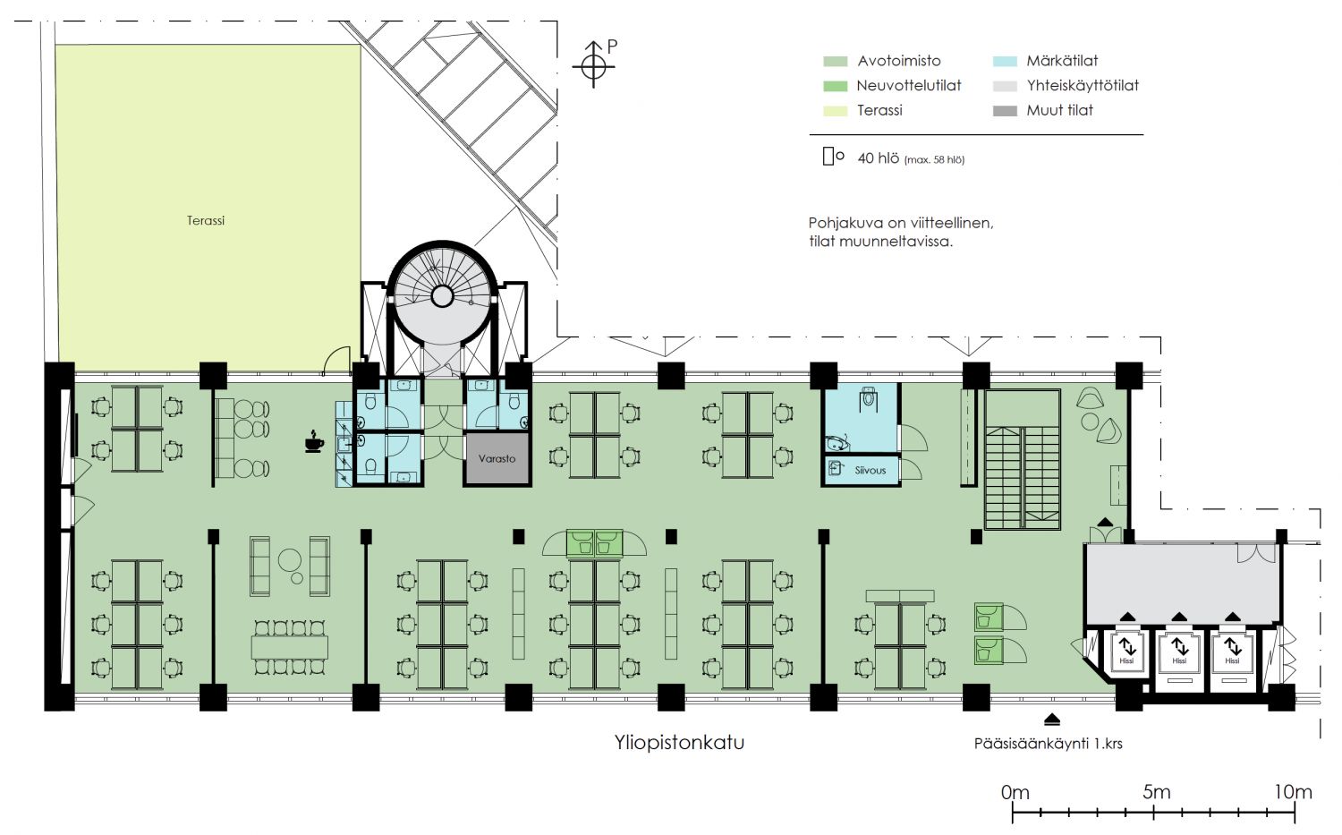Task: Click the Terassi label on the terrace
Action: pyautogui.click(x=206, y=220)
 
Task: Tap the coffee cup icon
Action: pyautogui.click(x=314, y=441)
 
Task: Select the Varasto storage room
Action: pyautogui.click(x=497, y=458)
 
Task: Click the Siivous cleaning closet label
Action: pyautogui.click(x=870, y=471)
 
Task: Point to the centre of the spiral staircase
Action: pyautogui.click(x=442, y=295)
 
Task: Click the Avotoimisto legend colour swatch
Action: pyautogui.click(x=835, y=61)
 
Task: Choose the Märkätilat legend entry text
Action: pyautogui.click(x=1062, y=61)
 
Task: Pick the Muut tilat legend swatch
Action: pyautogui.click(x=1005, y=111)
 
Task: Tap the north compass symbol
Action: pyautogui.click(x=594, y=64)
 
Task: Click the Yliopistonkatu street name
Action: pyautogui.click(x=679, y=743)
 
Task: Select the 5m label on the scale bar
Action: pyautogui.click(x=1156, y=792)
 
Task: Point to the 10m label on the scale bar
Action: pyautogui.click(x=1293, y=792)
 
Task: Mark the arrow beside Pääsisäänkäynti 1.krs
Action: pyautogui.click(x=1052, y=720)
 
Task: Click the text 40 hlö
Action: pyautogui.click(x=879, y=158)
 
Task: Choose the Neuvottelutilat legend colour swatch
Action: pyautogui.click(x=835, y=86)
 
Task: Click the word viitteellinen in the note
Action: pyautogui.click(x=951, y=223)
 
